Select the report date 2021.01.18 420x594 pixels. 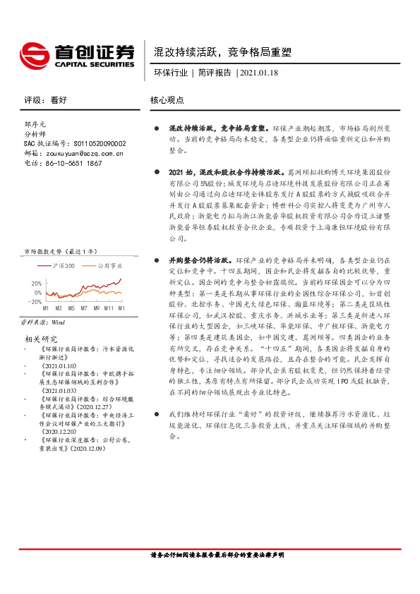click(260, 73)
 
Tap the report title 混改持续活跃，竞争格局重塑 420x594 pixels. click(222, 53)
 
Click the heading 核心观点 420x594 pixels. click(167, 100)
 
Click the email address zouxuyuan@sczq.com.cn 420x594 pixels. click(83, 153)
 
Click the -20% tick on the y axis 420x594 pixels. click(33, 301)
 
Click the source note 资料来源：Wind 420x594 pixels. click(43, 321)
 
